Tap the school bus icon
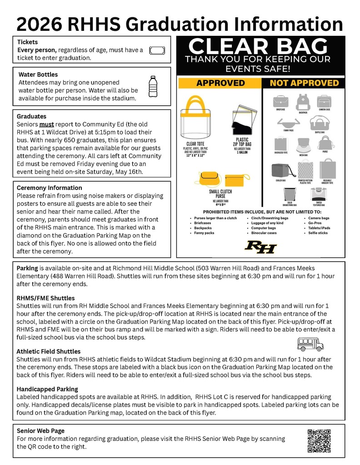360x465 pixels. coord(310,344)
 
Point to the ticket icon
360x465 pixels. coord(157,50)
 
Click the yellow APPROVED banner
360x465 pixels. coord(220,83)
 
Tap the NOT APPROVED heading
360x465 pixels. coord(304,83)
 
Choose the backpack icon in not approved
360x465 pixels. coord(303,102)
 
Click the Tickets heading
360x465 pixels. coord(27,42)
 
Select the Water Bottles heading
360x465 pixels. coord(38,74)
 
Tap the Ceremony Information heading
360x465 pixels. coord(49,188)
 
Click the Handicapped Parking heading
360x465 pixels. coord(47,389)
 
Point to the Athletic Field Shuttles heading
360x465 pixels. coord(49,351)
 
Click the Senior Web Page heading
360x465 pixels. coord(40,430)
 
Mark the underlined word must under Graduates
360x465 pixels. coord(46,124)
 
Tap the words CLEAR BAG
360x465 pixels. coord(258,47)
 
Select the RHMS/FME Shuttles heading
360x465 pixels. coord(46,298)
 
